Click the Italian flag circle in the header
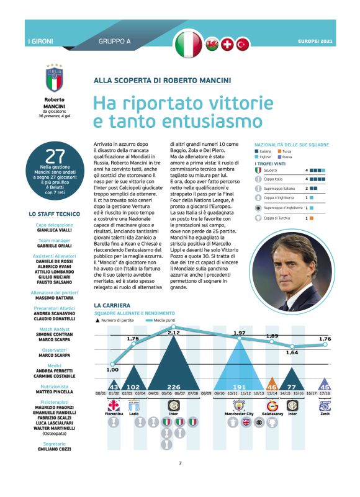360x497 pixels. pos(189,43)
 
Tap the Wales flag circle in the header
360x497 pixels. pos(212,44)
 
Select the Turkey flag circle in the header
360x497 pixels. pos(242,44)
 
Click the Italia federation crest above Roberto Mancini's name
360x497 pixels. pos(55,79)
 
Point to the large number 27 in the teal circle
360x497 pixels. pos(55,158)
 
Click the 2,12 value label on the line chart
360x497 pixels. pos(174,333)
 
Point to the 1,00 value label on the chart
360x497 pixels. pos(112,370)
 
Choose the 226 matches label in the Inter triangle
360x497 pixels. pos(174,387)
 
